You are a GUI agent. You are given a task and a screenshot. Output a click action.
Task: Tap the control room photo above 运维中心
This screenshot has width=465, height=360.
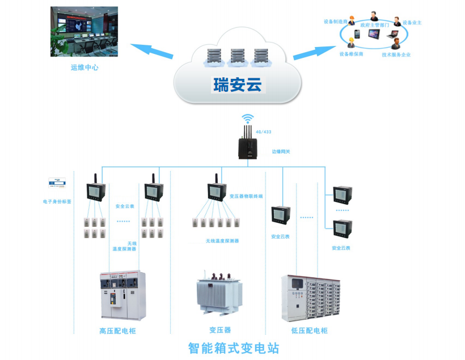tap(84, 32)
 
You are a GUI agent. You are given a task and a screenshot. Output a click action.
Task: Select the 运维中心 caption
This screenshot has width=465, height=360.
tap(84, 67)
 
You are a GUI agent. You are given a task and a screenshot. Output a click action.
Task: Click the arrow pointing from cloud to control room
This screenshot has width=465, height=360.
tap(152, 50)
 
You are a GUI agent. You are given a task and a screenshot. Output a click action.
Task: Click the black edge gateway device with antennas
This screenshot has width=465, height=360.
tap(247, 146)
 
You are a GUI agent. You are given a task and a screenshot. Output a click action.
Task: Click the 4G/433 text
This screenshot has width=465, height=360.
tap(263, 132)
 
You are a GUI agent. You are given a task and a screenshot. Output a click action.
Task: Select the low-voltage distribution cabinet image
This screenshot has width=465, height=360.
tap(310, 298)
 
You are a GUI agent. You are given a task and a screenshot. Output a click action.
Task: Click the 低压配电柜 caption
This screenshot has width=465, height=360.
tap(309, 331)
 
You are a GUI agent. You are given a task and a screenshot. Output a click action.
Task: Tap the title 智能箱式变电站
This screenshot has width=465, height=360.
tap(233, 347)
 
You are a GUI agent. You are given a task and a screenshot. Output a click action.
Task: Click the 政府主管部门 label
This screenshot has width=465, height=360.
tap(375, 26)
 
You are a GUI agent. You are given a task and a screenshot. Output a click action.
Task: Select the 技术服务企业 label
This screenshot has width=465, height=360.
tap(396, 55)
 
